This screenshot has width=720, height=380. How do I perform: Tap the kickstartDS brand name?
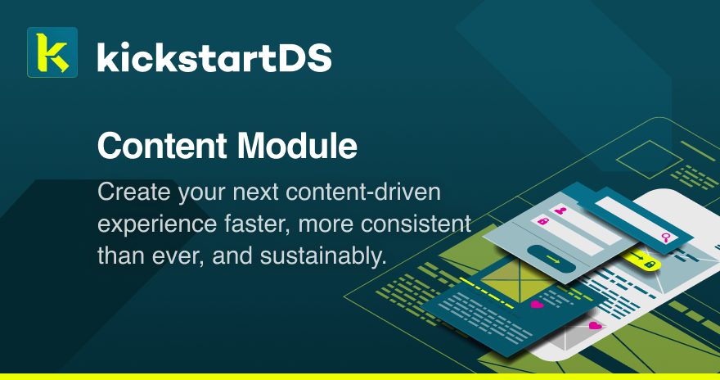(214, 57)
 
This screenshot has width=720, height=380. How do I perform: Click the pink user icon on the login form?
(560, 210)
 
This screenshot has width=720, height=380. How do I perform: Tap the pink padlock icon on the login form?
(542, 222)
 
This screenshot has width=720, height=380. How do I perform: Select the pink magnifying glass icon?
(667, 237)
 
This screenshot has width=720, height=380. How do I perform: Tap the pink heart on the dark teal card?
(537, 304)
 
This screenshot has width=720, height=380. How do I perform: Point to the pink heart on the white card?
(595, 325)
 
